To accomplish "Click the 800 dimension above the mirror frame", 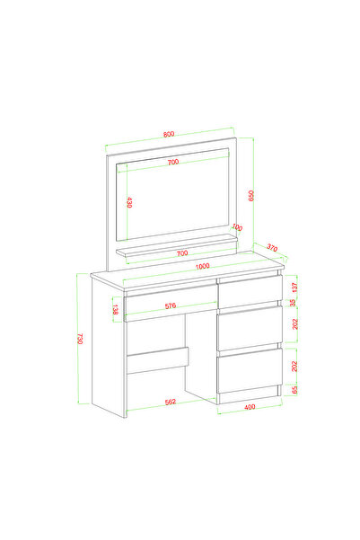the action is point(169,134).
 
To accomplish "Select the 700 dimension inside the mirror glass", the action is point(173,162).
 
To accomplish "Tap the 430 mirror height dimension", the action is point(129,202).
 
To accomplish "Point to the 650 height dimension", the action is point(251,196).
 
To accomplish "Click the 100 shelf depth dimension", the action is point(237,227).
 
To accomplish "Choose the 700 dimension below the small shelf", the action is point(182,253).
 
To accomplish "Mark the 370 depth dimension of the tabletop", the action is point(272,248).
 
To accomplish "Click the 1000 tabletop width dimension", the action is point(202,266).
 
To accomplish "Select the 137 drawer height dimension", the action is point(294,287).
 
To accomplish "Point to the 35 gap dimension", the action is point(292,303).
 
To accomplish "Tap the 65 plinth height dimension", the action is point(294,390).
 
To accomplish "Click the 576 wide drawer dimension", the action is point(171,305).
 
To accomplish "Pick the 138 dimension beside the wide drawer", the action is point(116,310).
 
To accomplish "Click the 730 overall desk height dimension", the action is point(81,339).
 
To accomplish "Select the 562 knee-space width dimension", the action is point(171,402).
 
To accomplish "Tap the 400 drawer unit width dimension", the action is point(250,407).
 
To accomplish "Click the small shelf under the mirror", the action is point(177,245).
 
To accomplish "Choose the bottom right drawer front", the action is point(250,370).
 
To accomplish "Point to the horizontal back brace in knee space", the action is point(157,360).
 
